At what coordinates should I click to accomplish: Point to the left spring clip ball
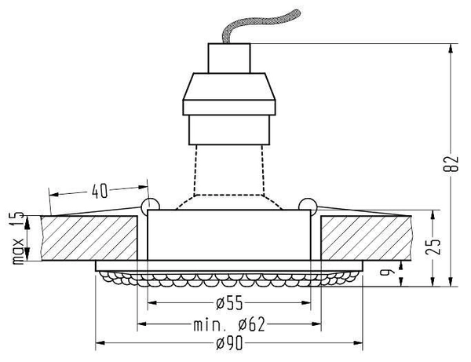149,207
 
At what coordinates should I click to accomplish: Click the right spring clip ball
308,207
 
